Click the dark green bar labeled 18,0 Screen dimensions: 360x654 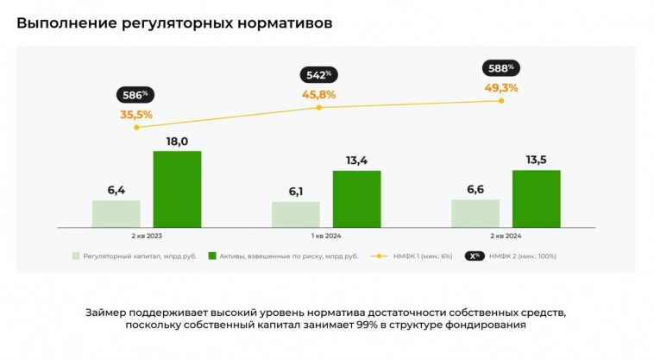click(x=177, y=189)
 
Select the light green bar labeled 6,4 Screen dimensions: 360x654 click(x=116, y=213)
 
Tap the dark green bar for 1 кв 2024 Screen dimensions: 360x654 click(x=356, y=199)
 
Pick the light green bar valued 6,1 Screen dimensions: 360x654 click(x=296, y=214)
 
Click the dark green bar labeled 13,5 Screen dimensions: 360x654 click(x=536, y=199)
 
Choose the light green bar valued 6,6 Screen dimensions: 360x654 click(x=475, y=213)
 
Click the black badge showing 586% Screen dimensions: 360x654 click(x=133, y=94)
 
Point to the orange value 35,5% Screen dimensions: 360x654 click(x=135, y=114)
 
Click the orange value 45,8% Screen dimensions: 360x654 click(x=318, y=94)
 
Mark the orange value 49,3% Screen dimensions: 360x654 click(x=500, y=87)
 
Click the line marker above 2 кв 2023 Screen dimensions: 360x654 click(x=136, y=127)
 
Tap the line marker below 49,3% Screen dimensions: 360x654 click(x=501, y=101)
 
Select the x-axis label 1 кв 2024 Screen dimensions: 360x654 click(x=326, y=236)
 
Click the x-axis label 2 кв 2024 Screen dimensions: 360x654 click(x=506, y=236)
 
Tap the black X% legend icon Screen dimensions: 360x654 click(x=474, y=256)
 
